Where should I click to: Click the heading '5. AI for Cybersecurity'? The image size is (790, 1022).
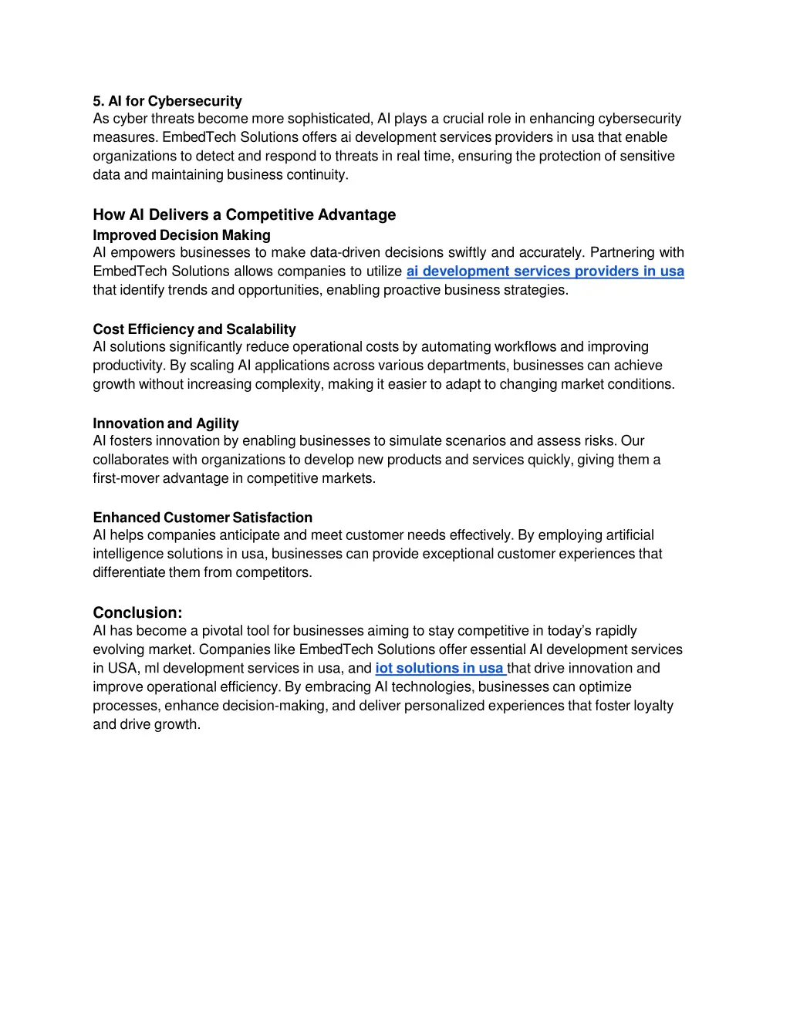coord(167,101)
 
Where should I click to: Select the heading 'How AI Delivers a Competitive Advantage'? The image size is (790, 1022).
coord(244,214)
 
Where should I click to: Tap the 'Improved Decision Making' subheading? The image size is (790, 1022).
coord(181,235)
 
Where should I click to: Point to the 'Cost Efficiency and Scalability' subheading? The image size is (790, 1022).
coord(194,329)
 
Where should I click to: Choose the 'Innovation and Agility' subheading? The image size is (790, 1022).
coord(166,423)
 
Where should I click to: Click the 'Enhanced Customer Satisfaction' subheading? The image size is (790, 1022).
coord(202,518)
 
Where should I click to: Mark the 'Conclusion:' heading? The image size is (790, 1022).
coord(137,612)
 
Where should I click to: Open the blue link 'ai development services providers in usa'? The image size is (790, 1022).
coord(545,272)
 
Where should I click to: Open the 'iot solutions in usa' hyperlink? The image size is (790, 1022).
coord(439,668)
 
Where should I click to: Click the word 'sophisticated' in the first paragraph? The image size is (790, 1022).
coord(329,119)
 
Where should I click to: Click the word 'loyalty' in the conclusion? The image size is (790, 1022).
coord(652,706)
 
